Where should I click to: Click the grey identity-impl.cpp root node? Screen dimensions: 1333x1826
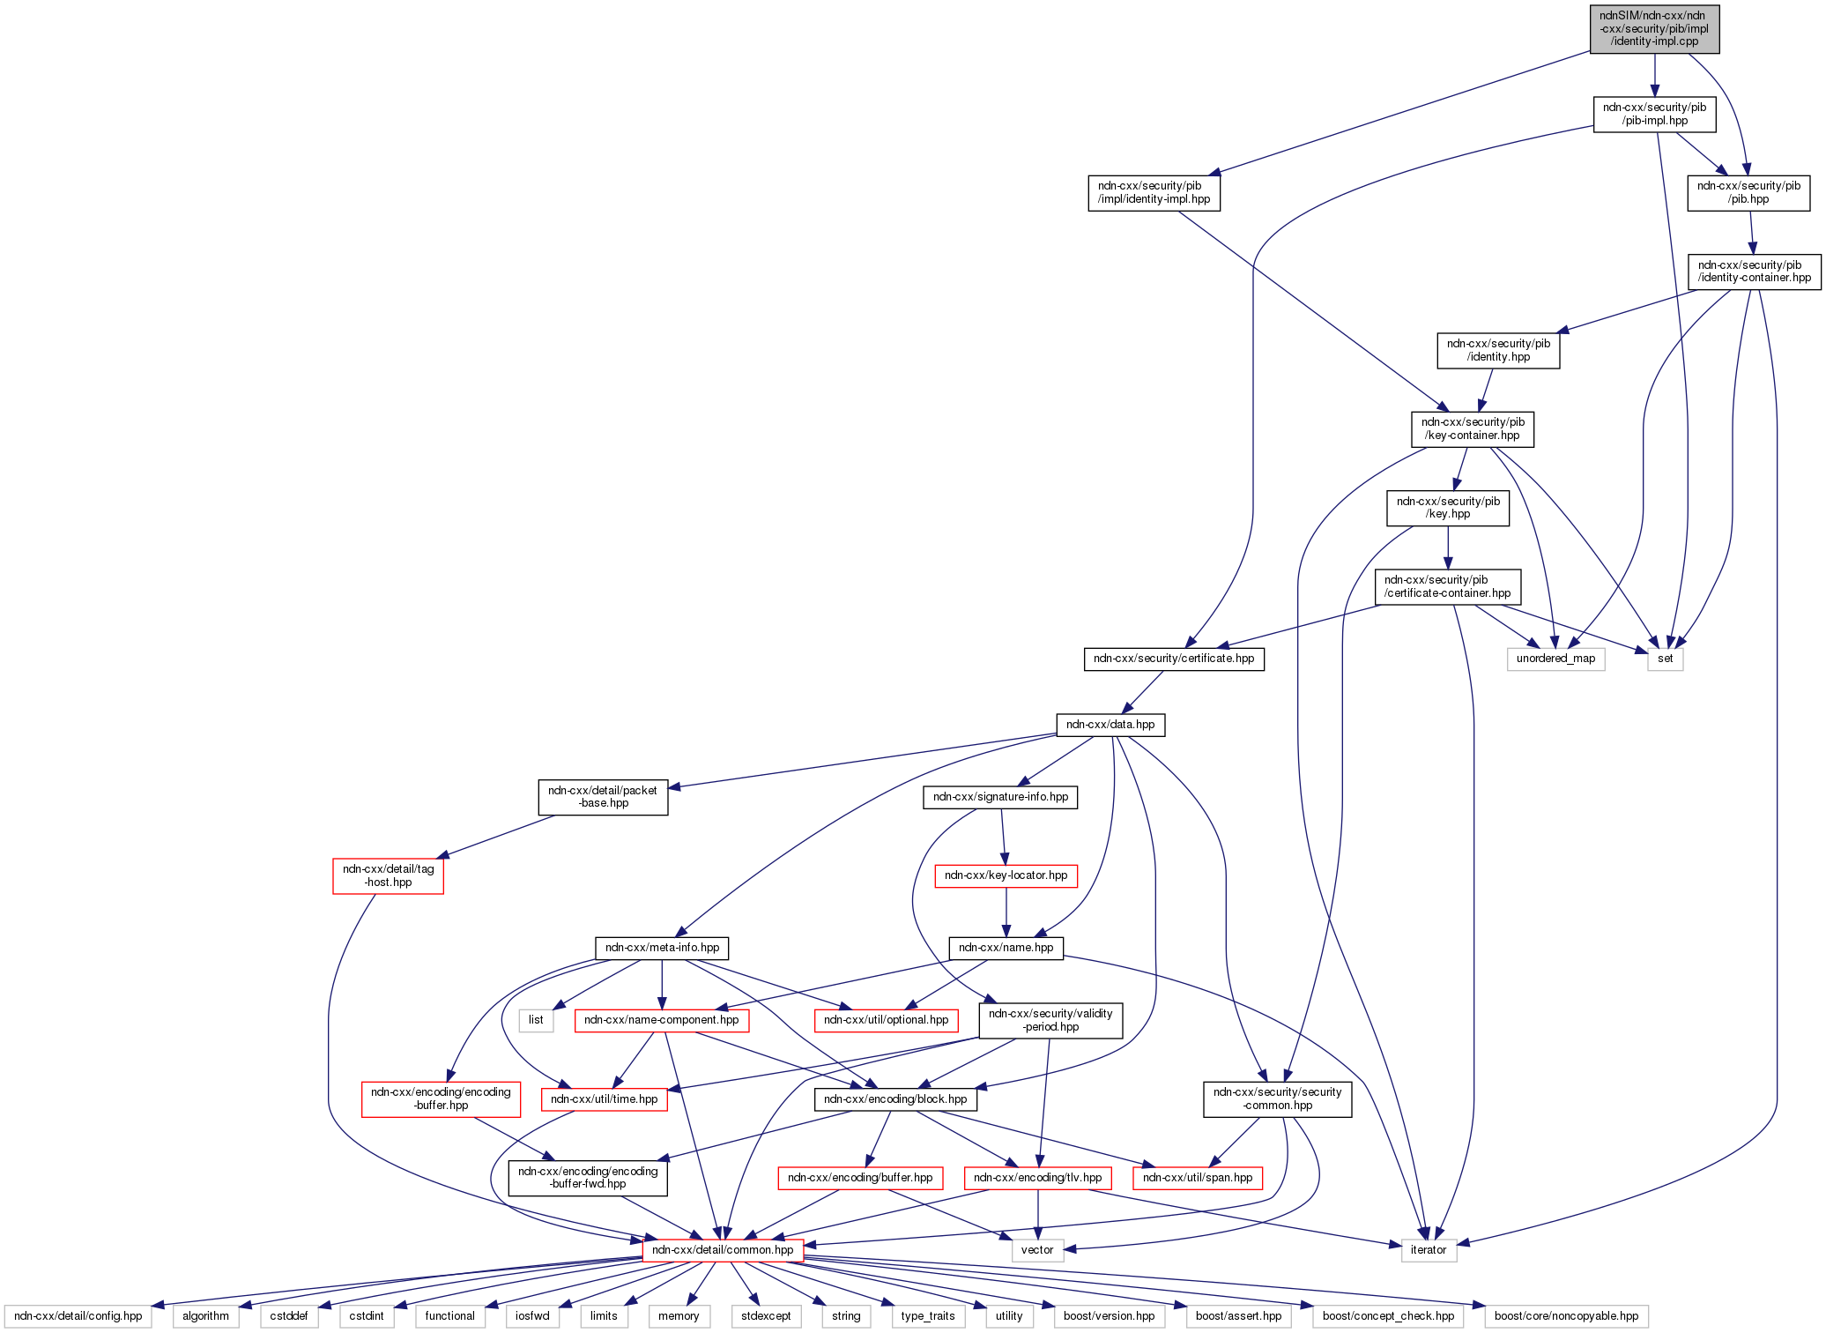1654,29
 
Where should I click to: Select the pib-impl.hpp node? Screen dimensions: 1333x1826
1654,114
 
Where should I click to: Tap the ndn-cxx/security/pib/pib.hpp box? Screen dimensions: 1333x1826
1748,192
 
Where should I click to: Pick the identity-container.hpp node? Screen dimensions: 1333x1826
1754,272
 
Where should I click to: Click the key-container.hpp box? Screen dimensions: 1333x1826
1472,428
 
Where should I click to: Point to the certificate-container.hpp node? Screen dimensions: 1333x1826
1447,586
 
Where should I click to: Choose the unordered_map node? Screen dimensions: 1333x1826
1555,659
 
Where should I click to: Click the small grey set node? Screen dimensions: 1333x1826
1665,659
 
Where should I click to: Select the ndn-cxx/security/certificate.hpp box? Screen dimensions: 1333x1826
1173,659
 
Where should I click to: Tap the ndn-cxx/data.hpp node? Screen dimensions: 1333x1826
1110,725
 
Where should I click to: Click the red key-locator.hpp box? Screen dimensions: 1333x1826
1006,875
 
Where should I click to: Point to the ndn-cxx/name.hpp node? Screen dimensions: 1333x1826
1006,948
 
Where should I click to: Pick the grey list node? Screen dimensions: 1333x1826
536,1020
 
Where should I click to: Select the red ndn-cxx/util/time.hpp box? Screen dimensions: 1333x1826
604,1099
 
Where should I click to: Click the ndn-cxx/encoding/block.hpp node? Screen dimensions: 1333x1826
894,1099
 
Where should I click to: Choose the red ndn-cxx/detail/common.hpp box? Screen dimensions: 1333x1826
723,1250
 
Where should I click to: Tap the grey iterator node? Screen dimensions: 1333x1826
1428,1250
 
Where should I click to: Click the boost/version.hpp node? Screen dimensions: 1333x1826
1109,1316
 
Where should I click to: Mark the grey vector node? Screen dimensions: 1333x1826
1037,1250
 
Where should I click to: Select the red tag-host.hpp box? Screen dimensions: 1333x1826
388,875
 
